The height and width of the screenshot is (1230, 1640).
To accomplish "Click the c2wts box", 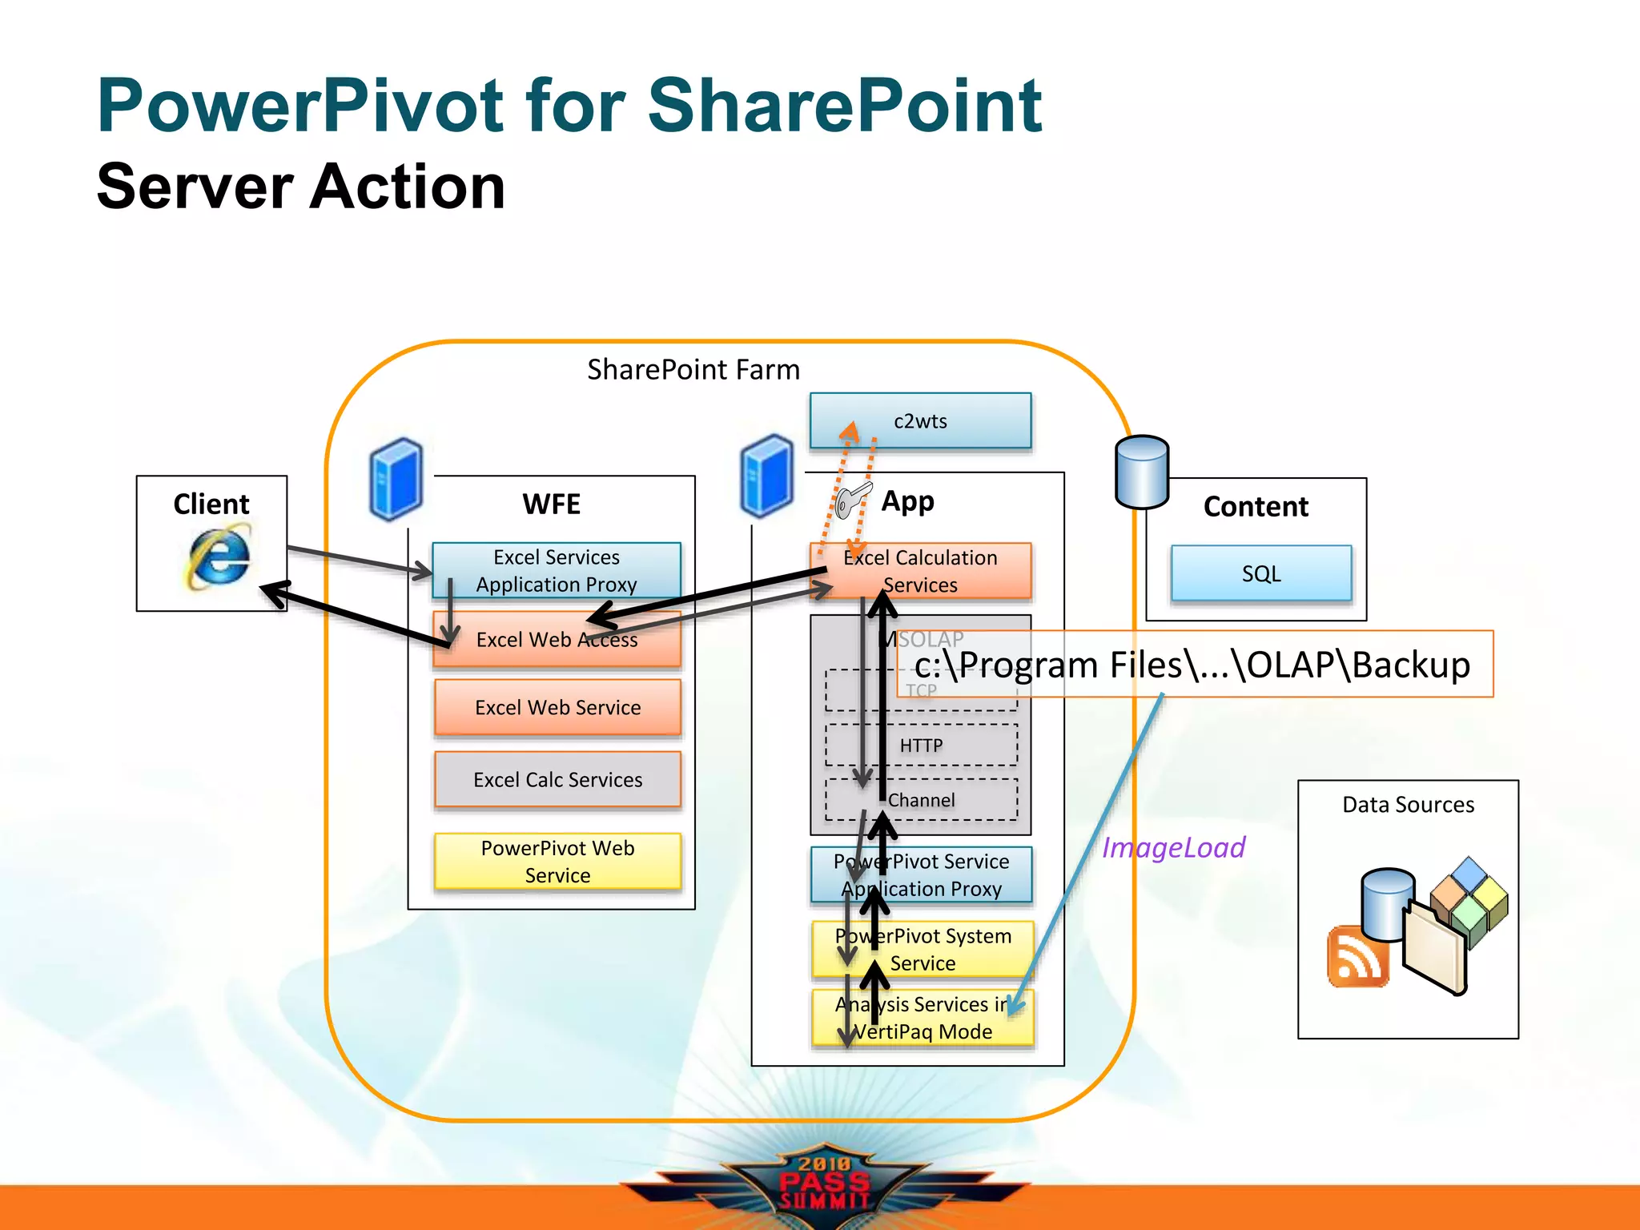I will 920,420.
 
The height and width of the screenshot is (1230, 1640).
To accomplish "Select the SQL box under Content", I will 1260,573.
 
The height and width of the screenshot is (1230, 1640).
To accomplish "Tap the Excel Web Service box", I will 557,707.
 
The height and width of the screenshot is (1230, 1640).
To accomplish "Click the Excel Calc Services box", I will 557,779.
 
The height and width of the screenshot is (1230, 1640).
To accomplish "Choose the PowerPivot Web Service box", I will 557,862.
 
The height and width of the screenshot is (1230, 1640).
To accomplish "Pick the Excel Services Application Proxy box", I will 556,570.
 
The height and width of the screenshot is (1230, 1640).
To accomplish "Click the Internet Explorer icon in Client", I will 217,556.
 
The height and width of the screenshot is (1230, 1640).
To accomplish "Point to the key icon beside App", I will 850,500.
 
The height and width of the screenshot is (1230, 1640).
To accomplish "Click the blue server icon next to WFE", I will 396,479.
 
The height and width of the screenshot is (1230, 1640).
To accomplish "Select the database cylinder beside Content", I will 1142,472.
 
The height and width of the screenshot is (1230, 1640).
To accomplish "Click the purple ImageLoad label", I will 1173,847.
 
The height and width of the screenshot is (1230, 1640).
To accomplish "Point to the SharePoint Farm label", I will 693,369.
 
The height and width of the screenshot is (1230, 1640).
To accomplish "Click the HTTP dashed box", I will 922,746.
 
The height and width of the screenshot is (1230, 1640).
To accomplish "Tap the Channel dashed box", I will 922,800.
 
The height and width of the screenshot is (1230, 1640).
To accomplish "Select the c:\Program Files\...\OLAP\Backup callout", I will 1193,665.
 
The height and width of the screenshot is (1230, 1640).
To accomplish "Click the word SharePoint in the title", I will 844,106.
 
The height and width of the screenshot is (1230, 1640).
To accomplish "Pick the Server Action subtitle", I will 301,187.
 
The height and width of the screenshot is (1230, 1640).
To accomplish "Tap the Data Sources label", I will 1408,804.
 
